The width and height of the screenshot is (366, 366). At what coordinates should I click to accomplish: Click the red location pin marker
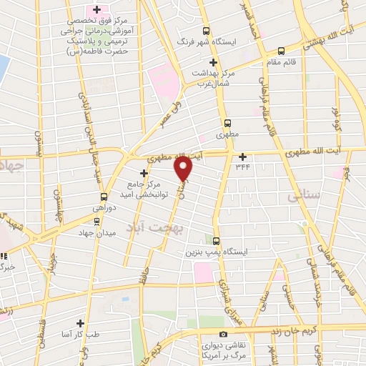pos(184,169)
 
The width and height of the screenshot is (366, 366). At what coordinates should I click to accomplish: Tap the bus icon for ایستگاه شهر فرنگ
pos(207,31)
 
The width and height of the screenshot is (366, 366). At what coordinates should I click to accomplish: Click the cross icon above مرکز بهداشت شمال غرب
pos(213,62)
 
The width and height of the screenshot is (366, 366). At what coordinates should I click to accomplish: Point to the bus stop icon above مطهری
pos(227,122)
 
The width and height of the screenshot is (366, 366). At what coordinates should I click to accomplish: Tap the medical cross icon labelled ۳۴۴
pos(242,157)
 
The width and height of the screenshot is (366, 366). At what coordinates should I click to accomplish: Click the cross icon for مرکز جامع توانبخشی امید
pos(144,173)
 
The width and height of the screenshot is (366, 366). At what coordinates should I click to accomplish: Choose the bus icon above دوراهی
pos(104,196)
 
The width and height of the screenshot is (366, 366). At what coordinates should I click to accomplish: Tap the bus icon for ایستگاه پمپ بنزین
pos(217,242)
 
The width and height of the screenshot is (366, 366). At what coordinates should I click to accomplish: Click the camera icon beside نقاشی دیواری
pos(223,334)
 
